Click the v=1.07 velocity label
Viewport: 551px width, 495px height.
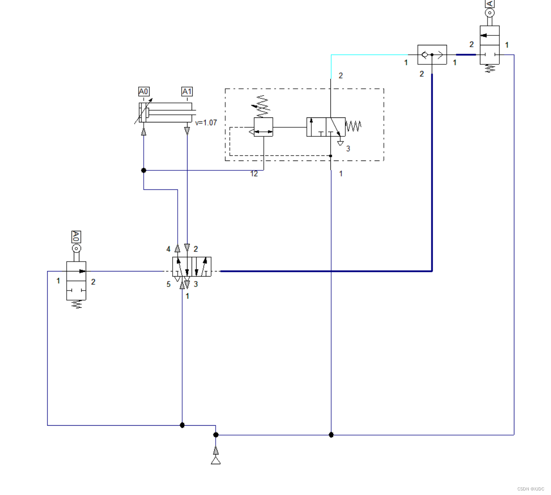(x=206, y=123)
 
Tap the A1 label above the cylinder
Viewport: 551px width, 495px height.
(x=187, y=92)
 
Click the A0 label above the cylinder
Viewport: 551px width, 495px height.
(x=144, y=92)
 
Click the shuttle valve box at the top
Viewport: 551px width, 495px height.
(x=432, y=55)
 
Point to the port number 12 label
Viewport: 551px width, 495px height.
(x=254, y=174)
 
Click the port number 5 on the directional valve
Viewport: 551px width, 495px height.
(x=169, y=284)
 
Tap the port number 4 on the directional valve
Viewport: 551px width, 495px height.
(x=169, y=249)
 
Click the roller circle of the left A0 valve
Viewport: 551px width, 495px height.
(x=76, y=248)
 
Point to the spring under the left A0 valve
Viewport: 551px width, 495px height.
(x=76, y=305)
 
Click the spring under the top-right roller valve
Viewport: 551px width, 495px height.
(x=489, y=69)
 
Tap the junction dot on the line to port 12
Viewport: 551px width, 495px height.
(x=144, y=170)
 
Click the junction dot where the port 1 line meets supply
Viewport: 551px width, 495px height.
(x=331, y=435)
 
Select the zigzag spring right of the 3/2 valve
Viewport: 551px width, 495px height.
(x=354, y=126)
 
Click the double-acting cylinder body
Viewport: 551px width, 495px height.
(x=165, y=112)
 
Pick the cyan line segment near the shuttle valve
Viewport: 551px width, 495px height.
(x=367, y=55)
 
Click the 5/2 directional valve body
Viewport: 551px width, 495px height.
(x=192, y=267)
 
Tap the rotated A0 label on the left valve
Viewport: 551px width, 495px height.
(x=76, y=237)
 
